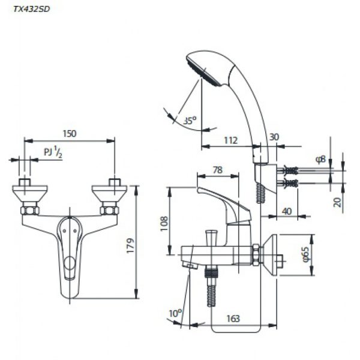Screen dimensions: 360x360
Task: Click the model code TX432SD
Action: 31,9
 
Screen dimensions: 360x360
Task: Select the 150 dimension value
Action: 70,134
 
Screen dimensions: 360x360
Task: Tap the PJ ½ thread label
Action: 53,152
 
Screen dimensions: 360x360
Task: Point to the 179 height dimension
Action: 130,245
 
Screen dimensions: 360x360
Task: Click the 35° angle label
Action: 190,121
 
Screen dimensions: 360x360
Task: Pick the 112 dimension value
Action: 230,140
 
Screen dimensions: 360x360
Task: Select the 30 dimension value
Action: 274,137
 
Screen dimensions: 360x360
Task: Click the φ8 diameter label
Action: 321,159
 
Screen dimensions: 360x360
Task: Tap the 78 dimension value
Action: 218,170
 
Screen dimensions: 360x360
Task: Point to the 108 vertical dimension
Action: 164,223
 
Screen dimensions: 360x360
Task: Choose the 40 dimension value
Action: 287,211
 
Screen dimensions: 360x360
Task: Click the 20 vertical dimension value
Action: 337,202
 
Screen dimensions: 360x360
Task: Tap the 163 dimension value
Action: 233,319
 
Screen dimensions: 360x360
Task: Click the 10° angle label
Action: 175,313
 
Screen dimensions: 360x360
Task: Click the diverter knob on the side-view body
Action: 211,238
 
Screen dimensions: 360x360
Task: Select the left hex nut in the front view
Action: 30,211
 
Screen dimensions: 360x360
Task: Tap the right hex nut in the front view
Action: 109,211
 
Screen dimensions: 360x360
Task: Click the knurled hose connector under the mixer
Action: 211,272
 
